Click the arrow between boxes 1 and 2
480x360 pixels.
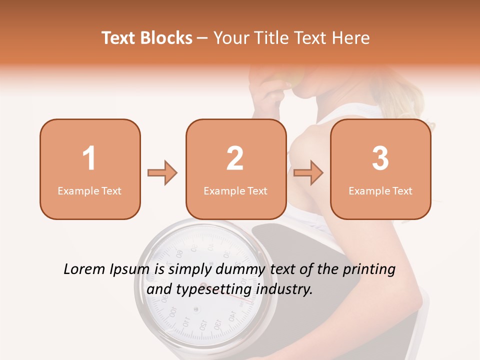162,173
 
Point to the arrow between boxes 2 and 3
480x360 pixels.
308,173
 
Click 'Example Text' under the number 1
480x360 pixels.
89,191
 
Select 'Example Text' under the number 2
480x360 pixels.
235,191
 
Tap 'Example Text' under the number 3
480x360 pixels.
380,191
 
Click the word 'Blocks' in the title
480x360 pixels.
166,38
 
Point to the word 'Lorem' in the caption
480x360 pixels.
84,269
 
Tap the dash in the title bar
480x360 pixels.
203,38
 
